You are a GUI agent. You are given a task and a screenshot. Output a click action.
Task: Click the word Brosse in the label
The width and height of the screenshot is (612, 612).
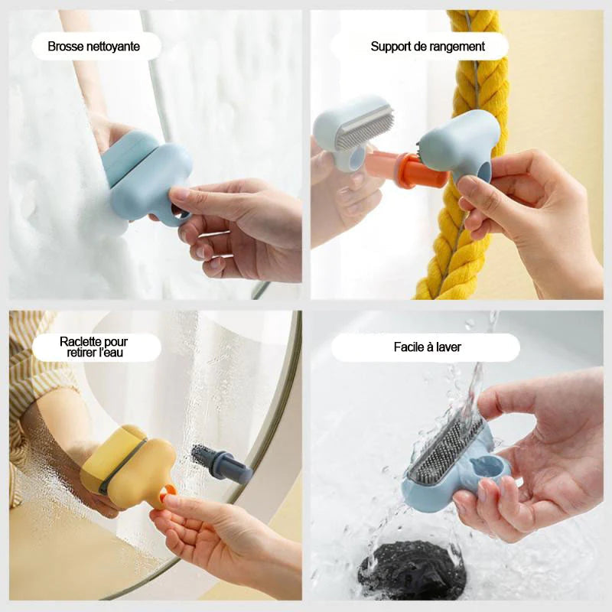tap(64, 47)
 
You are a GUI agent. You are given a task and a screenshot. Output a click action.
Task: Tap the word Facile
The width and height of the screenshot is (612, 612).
tap(412, 347)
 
